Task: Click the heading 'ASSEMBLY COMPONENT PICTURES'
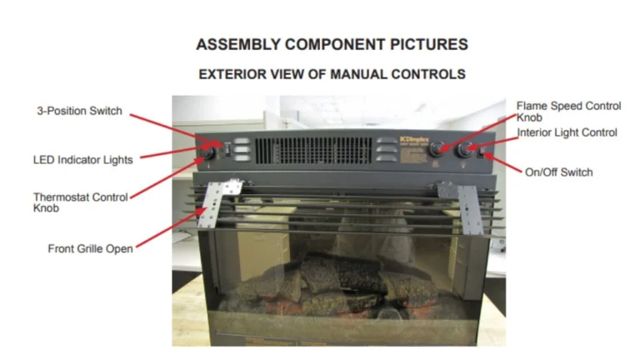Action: pyautogui.click(x=332, y=44)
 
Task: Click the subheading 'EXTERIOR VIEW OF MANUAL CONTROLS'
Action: pyautogui.click(x=332, y=74)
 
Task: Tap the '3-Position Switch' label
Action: pyautogui.click(x=80, y=111)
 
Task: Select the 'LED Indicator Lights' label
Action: pyautogui.click(x=82, y=159)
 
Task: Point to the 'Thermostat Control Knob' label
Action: pyautogui.click(x=80, y=202)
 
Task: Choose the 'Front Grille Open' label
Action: pyautogui.click(x=90, y=247)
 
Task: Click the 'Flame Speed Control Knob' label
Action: pyautogui.click(x=568, y=112)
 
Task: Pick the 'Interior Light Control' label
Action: pyautogui.click(x=567, y=132)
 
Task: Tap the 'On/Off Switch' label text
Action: pyautogui.click(x=558, y=172)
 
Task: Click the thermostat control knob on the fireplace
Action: pyautogui.click(x=211, y=153)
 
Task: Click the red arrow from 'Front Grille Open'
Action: pyautogui.click(x=170, y=228)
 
